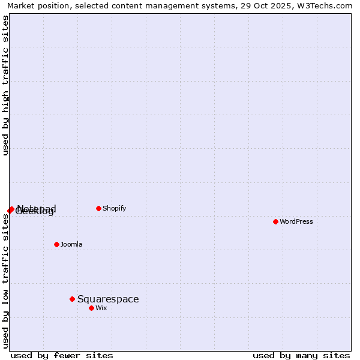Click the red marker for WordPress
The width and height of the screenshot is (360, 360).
(275, 221)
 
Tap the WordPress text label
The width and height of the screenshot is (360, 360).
(296, 221)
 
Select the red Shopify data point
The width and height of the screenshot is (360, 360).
(98, 208)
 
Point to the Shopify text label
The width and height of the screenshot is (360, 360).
(114, 208)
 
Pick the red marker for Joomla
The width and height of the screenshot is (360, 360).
(56, 244)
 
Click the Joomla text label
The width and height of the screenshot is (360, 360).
(71, 244)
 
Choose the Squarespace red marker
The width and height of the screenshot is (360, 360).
(72, 299)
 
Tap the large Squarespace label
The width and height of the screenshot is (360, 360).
(108, 299)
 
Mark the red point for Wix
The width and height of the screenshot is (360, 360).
(91, 308)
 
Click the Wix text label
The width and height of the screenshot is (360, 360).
(101, 308)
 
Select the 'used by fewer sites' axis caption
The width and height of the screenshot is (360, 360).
(62, 355)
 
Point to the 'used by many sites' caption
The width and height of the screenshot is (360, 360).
(301, 355)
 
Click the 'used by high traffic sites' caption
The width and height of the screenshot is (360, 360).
(5, 86)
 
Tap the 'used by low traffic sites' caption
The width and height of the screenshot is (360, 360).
(5, 281)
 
